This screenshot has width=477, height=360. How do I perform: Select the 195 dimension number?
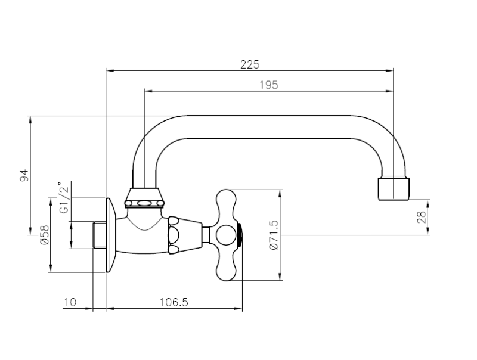pos(269,85)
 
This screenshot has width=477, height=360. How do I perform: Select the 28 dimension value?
pos(422,216)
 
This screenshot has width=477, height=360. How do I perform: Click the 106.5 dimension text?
pos(174,302)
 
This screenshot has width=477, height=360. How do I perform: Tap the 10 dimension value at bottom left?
pos(70,302)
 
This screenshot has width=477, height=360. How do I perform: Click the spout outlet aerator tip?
pos(395,188)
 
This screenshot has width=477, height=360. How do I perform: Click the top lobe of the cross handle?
pos(227,200)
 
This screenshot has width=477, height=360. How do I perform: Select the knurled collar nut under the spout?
pos(144,203)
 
